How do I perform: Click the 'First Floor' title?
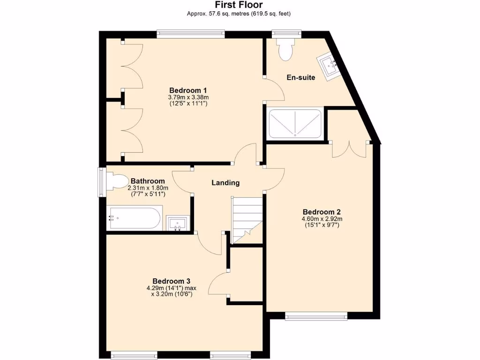(239, 5)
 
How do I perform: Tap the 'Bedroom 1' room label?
(188, 90)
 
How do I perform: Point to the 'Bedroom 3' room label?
(172, 281)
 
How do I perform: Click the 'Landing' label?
(225, 183)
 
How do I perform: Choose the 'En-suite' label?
(301, 77)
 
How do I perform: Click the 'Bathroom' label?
(148, 181)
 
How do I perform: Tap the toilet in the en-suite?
(285, 48)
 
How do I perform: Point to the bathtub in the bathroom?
(135, 218)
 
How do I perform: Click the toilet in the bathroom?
(117, 182)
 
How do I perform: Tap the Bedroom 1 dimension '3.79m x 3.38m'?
(188, 97)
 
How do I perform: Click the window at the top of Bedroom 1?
(190, 33)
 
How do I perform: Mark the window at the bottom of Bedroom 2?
(316, 316)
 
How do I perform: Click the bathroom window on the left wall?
(100, 182)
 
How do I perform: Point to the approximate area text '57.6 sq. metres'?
(221, 14)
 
